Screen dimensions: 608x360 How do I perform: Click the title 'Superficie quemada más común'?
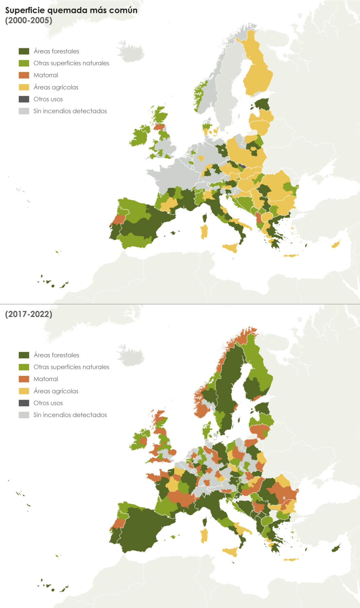click(x=71, y=10)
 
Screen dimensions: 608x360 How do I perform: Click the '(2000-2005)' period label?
click(x=28, y=20)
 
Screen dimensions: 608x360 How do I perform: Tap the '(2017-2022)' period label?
click(x=28, y=314)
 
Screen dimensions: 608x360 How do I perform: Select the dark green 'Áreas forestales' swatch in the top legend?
click(x=24, y=51)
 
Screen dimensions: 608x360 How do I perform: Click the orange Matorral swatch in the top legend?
click(x=24, y=75)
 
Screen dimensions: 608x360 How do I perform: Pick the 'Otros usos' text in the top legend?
click(x=48, y=99)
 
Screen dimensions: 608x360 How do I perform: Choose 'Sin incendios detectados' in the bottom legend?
click(x=70, y=415)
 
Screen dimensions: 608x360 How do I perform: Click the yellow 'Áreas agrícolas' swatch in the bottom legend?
click(x=24, y=391)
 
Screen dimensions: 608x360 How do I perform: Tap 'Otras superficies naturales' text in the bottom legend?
click(x=71, y=367)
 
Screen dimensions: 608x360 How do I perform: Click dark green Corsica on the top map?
click(x=204, y=218)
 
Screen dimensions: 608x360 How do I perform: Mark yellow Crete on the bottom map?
click(x=291, y=560)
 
